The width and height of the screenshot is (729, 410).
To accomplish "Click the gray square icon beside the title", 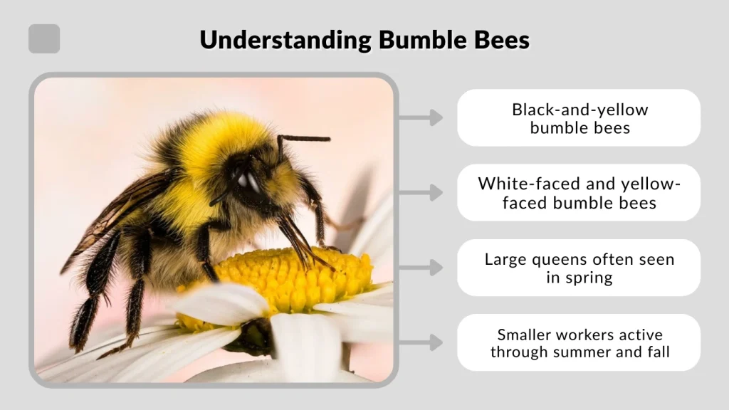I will coord(44,39).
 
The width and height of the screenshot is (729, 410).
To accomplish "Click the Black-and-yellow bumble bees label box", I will coord(579,118).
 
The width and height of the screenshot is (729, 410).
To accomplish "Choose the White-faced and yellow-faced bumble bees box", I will coord(579,193).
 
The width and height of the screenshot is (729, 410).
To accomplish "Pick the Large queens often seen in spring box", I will coord(579,268).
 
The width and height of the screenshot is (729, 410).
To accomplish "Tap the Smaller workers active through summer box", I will coord(579,342).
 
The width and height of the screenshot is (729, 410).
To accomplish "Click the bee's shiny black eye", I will coord(248,181).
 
